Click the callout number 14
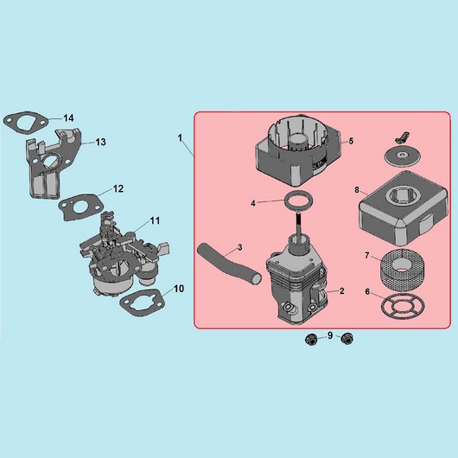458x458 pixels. pyautogui.click(x=68, y=118)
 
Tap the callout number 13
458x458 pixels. pyautogui.click(x=101, y=142)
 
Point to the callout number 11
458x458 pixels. pyautogui.click(x=155, y=220)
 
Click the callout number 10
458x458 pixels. pyautogui.click(x=179, y=289)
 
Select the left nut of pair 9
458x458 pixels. pyautogui.click(x=311, y=339)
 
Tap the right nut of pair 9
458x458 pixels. pyautogui.click(x=347, y=338)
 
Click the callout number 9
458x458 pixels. pyautogui.click(x=330, y=335)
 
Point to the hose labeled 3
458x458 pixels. pyautogui.click(x=228, y=263)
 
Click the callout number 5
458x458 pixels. pyautogui.click(x=351, y=141)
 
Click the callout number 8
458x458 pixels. pyautogui.click(x=357, y=190)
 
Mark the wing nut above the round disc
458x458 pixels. pyautogui.click(x=402, y=137)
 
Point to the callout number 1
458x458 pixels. pyautogui.click(x=181, y=138)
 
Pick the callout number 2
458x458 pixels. pyautogui.click(x=342, y=290)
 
